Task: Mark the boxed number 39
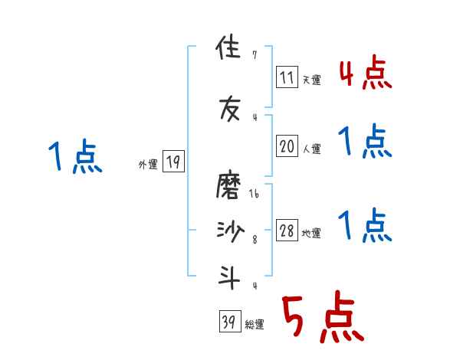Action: click(229, 322)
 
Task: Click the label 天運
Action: click(312, 79)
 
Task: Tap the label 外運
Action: click(147, 165)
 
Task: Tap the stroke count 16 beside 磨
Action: click(254, 195)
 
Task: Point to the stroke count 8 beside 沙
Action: click(255, 240)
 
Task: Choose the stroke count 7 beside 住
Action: click(255, 55)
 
